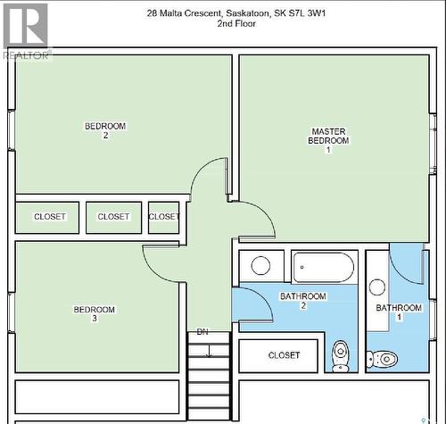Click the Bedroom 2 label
click(105, 130)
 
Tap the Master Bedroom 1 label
click(328, 140)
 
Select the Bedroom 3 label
click(94, 314)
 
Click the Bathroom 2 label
click(302, 301)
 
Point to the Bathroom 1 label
click(399, 312)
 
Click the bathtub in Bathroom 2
click(324, 266)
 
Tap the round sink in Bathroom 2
click(261, 265)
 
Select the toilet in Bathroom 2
click(341, 354)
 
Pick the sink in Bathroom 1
click(378, 287)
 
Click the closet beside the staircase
click(283, 355)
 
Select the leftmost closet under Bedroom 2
click(49, 217)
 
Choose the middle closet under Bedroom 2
click(113, 217)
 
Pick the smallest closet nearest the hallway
click(163, 217)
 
